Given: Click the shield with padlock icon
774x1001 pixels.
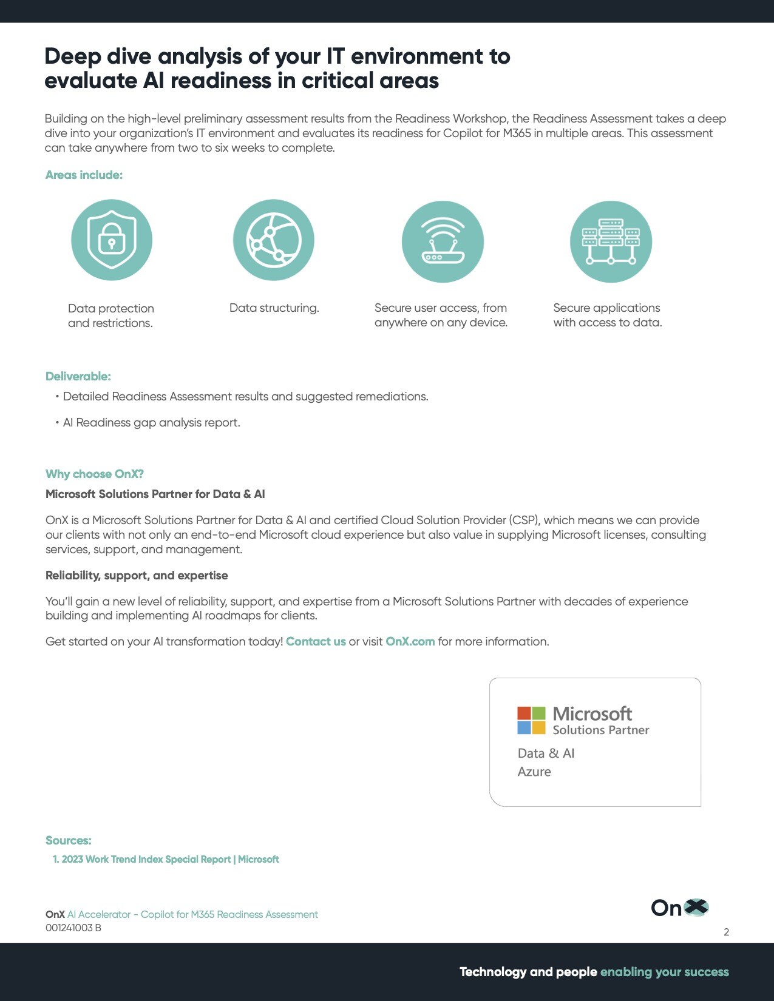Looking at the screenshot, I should [x=112, y=240].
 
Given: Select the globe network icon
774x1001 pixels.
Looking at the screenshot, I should [x=274, y=240].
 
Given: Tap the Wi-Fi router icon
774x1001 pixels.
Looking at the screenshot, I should [x=443, y=241].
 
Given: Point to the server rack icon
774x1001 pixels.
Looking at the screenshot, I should [x=611, y=241].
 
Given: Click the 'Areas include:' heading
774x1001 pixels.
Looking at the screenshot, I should [x=84, y=175].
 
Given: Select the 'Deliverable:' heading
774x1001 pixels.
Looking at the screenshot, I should [x=78, y=377].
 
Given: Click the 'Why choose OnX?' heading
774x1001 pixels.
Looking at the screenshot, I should [x=95, y=474].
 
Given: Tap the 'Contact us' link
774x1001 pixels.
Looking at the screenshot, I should [x=316, y=642].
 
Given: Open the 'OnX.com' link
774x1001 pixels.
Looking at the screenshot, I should [x=410, y=642].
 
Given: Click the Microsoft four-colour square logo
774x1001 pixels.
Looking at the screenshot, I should [x=531, y=720].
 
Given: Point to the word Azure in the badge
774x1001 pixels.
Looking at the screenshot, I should [x=534, y=772].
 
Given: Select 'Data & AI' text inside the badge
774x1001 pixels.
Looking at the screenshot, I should [x=546, y=753].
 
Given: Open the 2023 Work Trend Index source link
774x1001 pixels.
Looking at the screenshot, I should [x=166, y=860].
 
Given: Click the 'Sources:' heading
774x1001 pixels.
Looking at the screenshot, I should [x=69, y=841].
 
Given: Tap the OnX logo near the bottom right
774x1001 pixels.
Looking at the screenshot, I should [x=679, y=908].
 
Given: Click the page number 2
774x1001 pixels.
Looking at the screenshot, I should [x=726, y=932].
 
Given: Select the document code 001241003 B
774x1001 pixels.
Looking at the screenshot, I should [x=73, y=928].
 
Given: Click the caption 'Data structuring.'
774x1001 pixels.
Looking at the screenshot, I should [x=274, y=308].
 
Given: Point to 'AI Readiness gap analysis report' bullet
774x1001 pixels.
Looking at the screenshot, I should [x=152, y=423].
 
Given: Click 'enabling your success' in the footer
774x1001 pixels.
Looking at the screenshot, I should [x=664, y=972].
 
